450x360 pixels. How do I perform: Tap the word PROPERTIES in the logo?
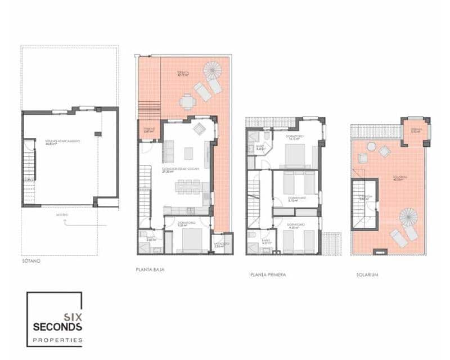point(58,340)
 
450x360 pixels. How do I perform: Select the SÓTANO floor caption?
point(31,262)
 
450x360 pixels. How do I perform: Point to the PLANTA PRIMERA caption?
point(268,275)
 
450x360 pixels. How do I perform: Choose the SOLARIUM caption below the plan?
point(367,275)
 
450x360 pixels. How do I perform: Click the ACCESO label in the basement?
point(62,215)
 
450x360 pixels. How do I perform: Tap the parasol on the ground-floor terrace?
point(213,70)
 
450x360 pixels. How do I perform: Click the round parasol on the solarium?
point(409,217)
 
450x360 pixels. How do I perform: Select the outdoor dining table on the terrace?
point(187,102)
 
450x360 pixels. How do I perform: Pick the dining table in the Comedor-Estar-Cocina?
point(188,186)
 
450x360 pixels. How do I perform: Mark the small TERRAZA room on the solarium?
point(415,131)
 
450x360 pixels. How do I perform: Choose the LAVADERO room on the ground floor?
point(222,244)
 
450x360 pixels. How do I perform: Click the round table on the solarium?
point(371,146)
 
